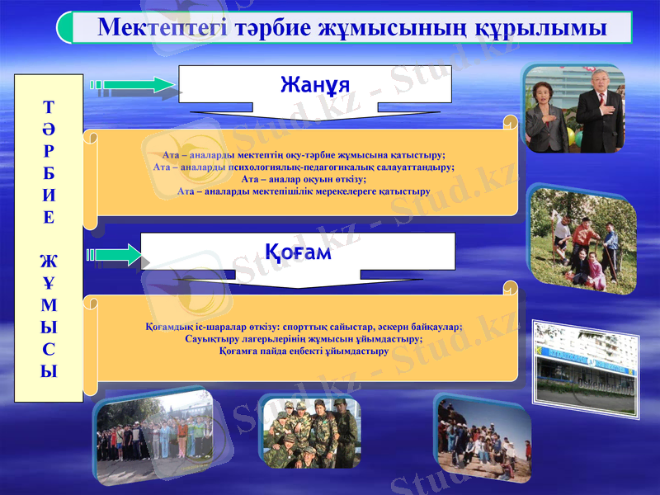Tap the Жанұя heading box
(x=315, y=84)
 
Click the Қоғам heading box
(x=298, y=252)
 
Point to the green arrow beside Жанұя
(x=132, y=84)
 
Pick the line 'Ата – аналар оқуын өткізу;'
(x=304, y=178)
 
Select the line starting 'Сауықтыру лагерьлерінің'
(x=304, y=338)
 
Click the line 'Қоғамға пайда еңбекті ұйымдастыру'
(x=304, y=351)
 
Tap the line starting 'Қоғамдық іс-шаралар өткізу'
(x=304, y=326)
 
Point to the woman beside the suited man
(x=546, y=115)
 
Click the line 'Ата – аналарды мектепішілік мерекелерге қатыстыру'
(x=304, y=191)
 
